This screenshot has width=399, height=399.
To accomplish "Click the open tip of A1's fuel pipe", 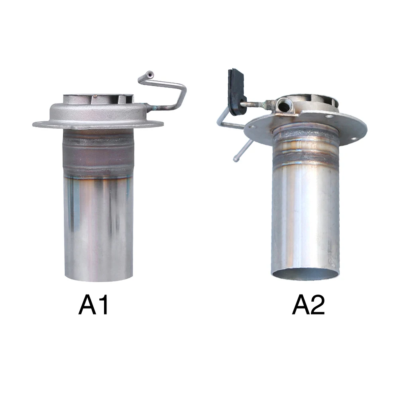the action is [150, 75].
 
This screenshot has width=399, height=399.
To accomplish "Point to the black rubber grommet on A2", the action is [237, 90].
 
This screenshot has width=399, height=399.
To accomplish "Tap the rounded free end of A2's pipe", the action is [236, 159].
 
